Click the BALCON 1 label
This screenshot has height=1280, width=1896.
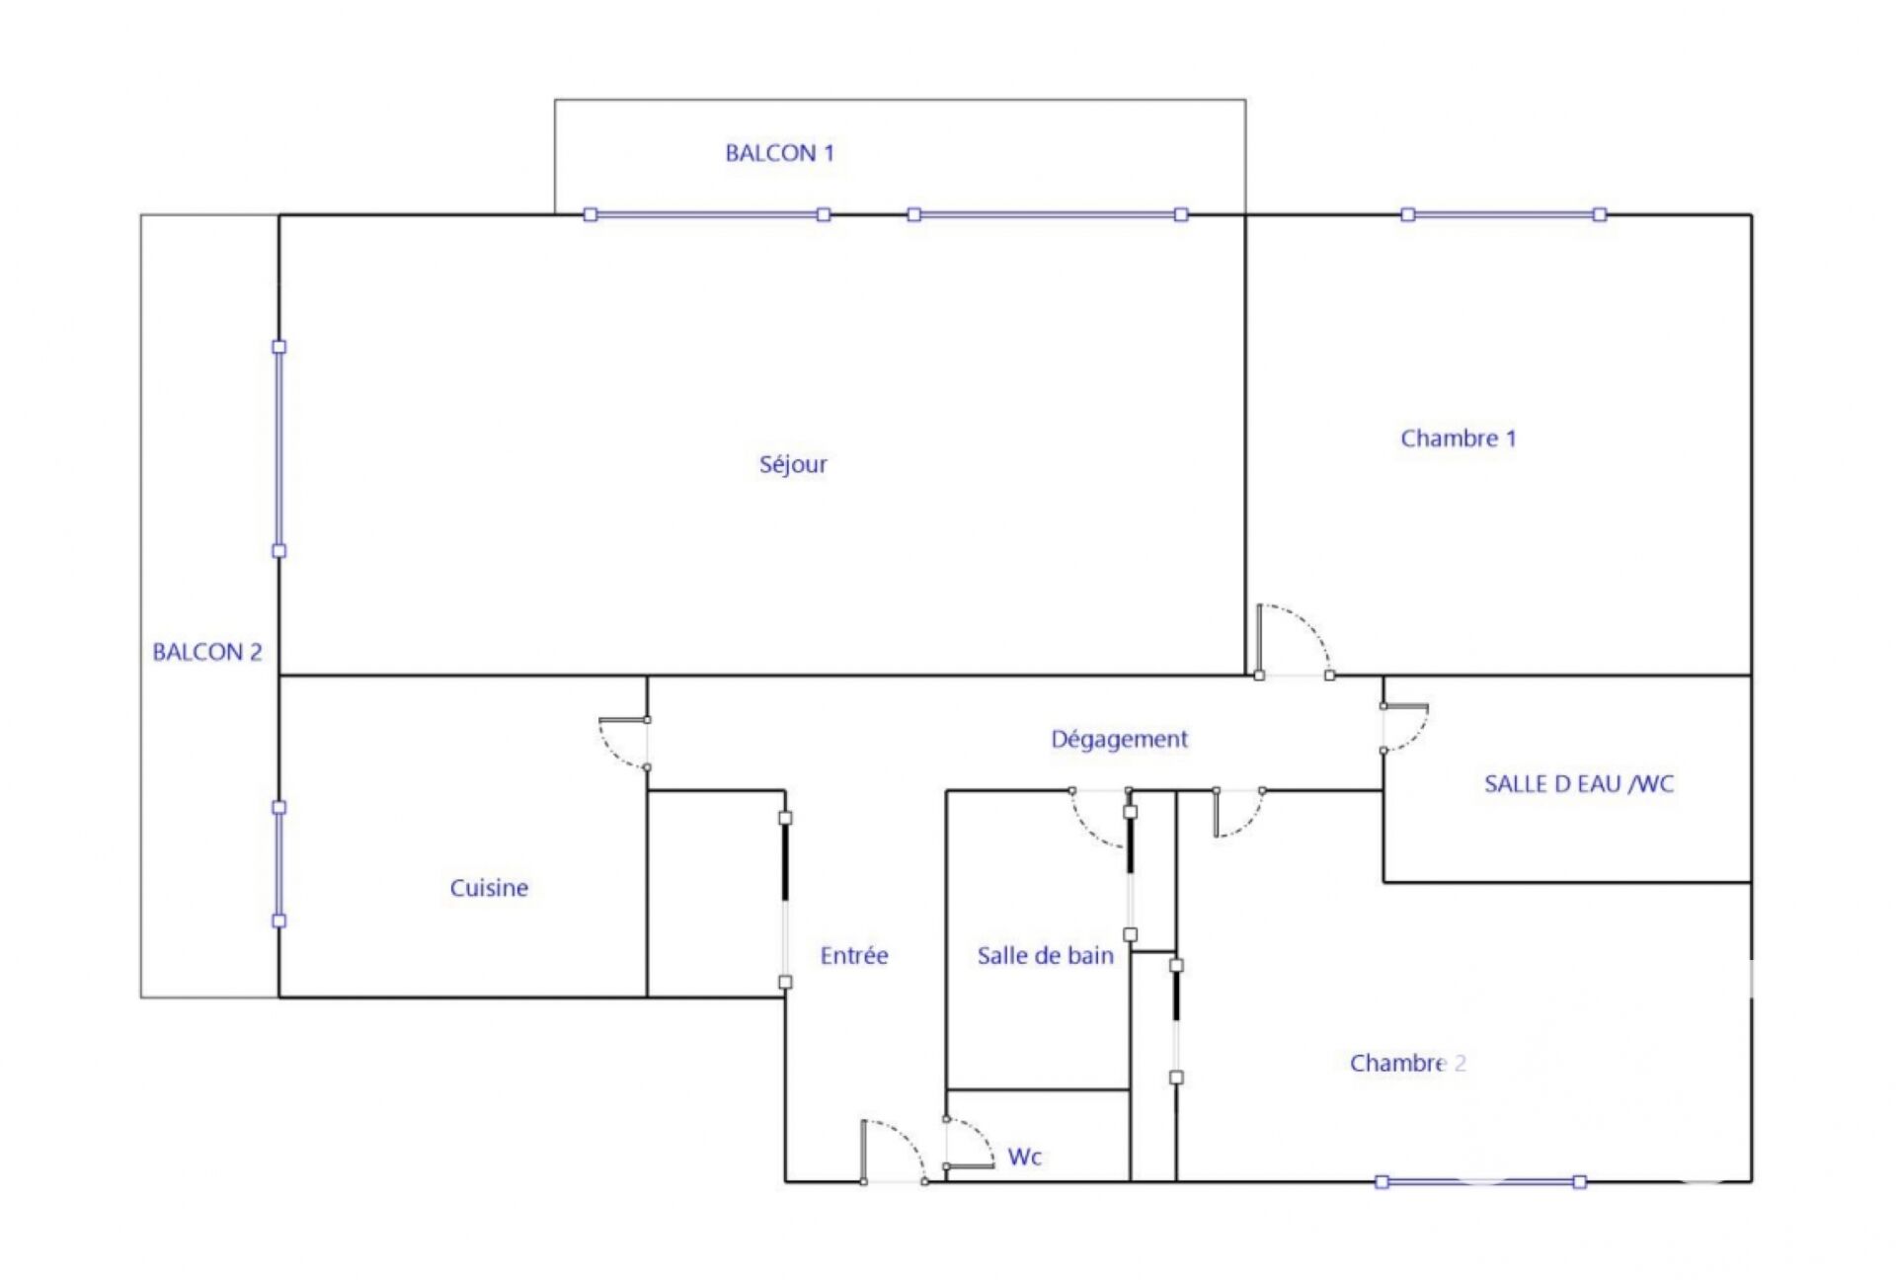coord(779,153)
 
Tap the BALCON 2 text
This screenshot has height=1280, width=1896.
coord(207,652)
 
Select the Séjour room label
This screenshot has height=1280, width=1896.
coord(793,464)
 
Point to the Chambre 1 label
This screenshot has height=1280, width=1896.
coord(1458,439)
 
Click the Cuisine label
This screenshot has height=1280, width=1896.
coord(489,888)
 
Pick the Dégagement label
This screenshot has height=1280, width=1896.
coord(1119,740)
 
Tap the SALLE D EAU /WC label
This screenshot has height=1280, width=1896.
coord(1579,784)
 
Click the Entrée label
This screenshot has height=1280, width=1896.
coord(854,955)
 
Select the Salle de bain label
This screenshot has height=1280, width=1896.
coord(1045,955)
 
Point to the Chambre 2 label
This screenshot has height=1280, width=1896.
coord(1407,1063)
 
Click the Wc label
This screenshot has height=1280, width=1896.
coord(1024,1157)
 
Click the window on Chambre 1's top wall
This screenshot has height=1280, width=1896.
coord(1504,214)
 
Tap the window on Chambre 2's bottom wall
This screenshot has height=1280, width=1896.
coord(1481,1181)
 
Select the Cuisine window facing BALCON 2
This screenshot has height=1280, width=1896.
coord(279,864)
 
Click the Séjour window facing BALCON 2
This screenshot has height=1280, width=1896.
coord(279,448)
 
